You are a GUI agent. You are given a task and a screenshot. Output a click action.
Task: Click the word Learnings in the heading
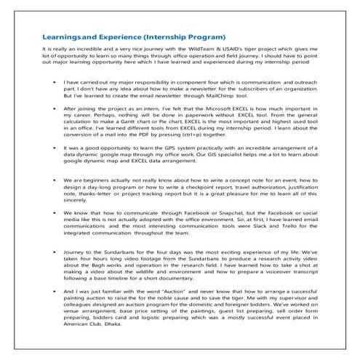tap(60, 36)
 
